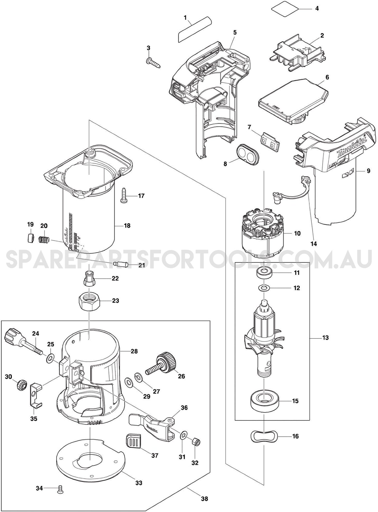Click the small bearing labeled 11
point(263,272)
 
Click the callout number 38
point(205,498)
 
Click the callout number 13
point(325,338)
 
